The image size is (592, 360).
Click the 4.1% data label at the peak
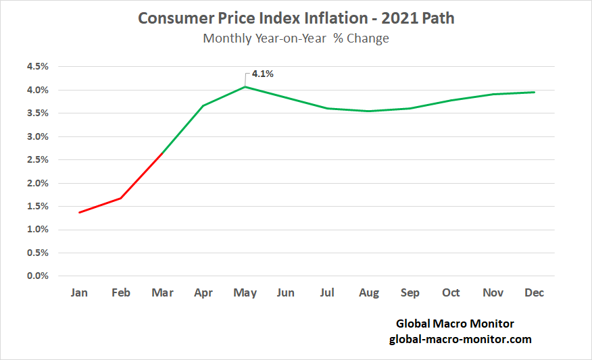(262, 74)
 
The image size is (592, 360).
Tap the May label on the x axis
(245, 292)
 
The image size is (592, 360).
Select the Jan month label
(79, 292)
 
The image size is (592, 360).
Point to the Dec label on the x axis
(535, 292)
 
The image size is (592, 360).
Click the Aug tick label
(368, 292)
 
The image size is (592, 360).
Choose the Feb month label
(121, 292)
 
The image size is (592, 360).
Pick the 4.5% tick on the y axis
(37, 66)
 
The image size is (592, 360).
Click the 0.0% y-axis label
(37, 276)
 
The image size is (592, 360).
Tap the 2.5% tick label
(37, 159)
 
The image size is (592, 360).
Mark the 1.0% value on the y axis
(37, 230)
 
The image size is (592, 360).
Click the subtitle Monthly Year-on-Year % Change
(296, 38)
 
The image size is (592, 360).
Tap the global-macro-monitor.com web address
(460, 339)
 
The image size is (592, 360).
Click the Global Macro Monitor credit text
(455, 324)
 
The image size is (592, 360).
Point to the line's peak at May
(245, 86)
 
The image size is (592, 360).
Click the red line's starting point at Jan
(80, 213)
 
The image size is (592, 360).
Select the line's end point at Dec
(535, 92)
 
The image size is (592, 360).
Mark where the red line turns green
(162, 154)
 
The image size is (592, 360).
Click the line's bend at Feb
(121, 198)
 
